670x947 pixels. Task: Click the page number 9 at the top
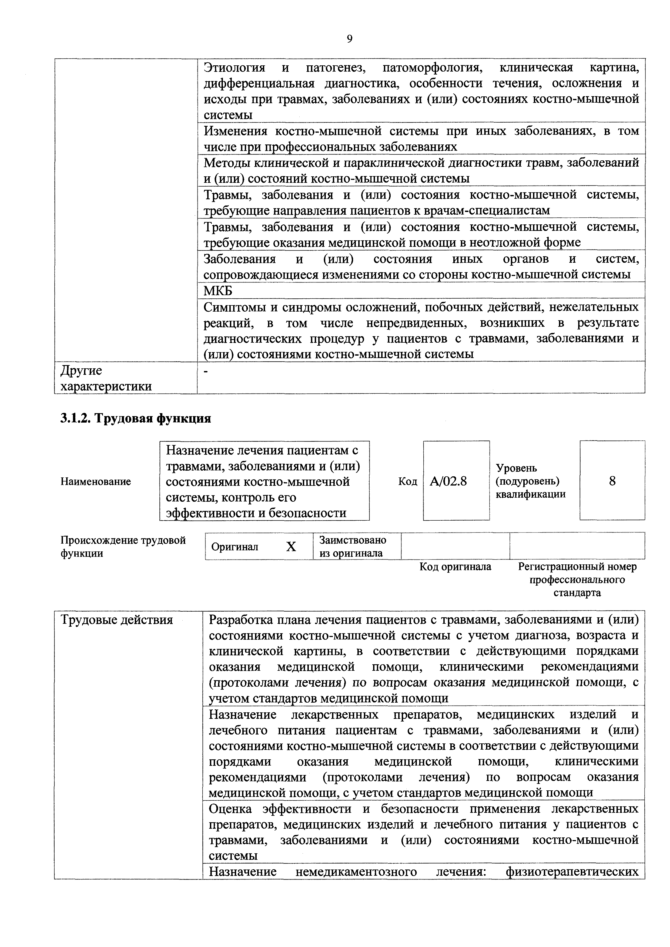point(349,39)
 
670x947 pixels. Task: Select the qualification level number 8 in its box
point(612,481)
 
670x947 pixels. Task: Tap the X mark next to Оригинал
point(291,547)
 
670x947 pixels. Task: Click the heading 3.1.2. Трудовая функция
point(136,418)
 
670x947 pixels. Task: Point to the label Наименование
point(96,481)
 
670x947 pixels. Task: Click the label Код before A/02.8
point(408,481)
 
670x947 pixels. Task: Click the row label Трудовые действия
point(117,620)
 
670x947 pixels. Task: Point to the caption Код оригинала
point(455,567)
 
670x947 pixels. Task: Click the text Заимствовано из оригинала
point(353,547)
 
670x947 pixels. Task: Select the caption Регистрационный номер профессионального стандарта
point(577,579)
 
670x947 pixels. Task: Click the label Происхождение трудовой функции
point(123,547)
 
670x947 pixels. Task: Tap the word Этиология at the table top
point(234,67)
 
